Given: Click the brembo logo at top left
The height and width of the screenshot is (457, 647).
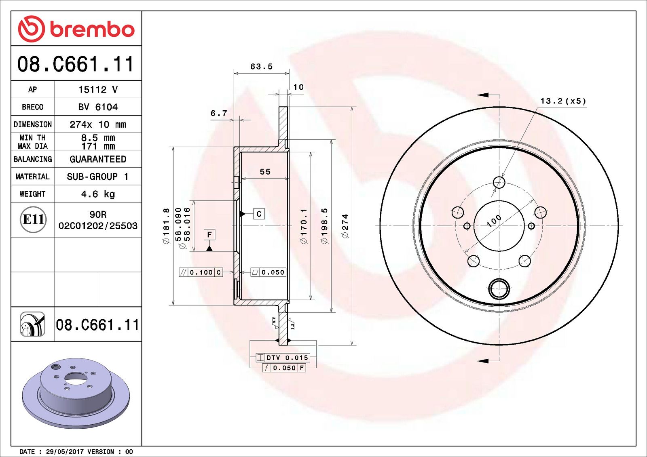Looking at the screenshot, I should [x=76, y=29].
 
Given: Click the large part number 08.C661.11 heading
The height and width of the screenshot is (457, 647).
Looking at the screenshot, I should [x=76, y=64].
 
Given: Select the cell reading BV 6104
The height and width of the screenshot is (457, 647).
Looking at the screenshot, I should [x=98, y=107].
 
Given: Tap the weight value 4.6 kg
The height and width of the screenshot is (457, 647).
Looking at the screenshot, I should [x=98, y=194].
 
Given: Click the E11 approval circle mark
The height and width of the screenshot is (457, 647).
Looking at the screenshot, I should [x=33, y=219].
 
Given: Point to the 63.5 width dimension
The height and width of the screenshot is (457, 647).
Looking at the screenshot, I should [x=261, y=67].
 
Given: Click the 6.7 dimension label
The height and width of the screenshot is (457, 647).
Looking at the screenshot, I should [x=219, y=114].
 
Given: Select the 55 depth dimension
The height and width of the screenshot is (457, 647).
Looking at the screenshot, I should [x=265, y=172].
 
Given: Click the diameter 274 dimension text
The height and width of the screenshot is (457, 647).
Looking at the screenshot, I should [x=345, y=226].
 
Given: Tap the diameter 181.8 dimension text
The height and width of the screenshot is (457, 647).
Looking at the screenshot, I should [x=166, y=226].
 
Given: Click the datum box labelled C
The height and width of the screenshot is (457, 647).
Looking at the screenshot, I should [x=259, y=214].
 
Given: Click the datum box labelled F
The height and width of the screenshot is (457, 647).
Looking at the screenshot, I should [x=209, y=235].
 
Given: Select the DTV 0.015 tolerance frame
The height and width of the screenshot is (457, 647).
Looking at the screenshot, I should [x=283, y=358].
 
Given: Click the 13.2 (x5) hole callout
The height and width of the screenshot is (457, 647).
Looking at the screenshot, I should [x=563, y=101].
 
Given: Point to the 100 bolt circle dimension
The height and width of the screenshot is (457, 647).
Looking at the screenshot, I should [x=494, y=221].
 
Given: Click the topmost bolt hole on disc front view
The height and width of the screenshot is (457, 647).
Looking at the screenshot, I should [x=499, y=182].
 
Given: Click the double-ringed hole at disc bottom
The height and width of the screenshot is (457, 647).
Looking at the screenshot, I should [x=499, y=289].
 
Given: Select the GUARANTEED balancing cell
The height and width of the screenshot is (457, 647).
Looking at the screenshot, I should [x=98, y=159].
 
